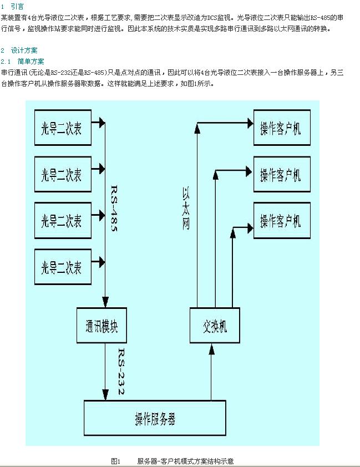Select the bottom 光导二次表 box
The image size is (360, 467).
pyautogui.click(x=62, y=268)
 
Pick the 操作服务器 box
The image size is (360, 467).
pyautogui.click(x=155, y=418)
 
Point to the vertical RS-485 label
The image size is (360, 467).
pyautogui.click(x=113, y=208)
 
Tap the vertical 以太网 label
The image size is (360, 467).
pyautogui.click(x=186, y=208)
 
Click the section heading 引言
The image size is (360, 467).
pyautogui.click(x=17, y=6)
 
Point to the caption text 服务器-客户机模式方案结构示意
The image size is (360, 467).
pyautogui.click(x=186, y=461)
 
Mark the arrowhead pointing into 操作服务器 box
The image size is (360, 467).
pyautogui.click(x=105, y=394)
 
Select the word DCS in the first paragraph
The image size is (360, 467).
pyautogui.click(x=213, y=17)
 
